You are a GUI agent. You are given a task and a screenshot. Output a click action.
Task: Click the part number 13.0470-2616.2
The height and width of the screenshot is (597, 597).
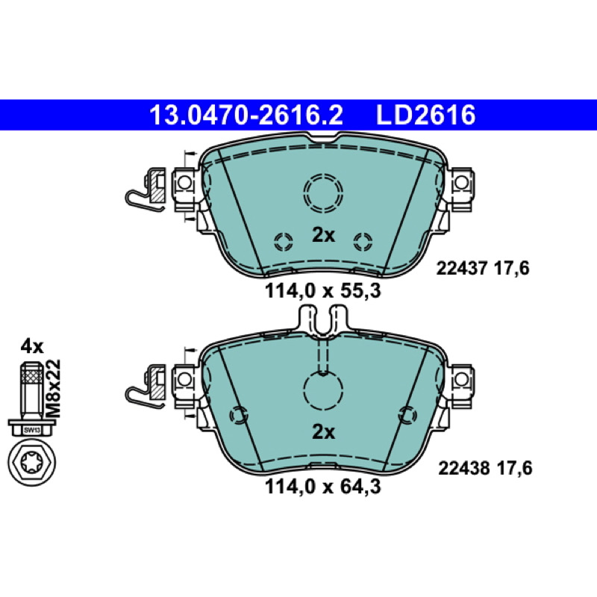(x=246, y=115)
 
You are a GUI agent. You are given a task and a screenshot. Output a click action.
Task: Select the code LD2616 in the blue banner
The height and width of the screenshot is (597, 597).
(x=425, y=115)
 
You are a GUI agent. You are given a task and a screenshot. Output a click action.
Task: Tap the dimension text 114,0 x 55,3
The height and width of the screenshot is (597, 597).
(x=323, y=291)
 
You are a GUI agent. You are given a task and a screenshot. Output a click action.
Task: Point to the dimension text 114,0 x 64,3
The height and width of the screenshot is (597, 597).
(x=323, y=487)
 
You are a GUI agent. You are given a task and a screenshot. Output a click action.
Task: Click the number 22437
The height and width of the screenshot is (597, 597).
(x=461, y=269)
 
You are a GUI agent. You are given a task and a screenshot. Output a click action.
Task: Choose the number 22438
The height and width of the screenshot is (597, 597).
(x=463, y=469)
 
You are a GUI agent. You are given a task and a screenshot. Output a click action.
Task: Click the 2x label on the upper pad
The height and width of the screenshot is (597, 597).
(x=323, y=235)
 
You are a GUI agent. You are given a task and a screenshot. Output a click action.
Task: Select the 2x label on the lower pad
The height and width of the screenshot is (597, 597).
(x=323, y=432)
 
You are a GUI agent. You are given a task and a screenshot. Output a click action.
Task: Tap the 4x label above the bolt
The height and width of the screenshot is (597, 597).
(x=32, y=346)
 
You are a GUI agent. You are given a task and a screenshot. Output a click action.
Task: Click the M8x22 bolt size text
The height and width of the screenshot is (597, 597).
(x=53, y=388)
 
